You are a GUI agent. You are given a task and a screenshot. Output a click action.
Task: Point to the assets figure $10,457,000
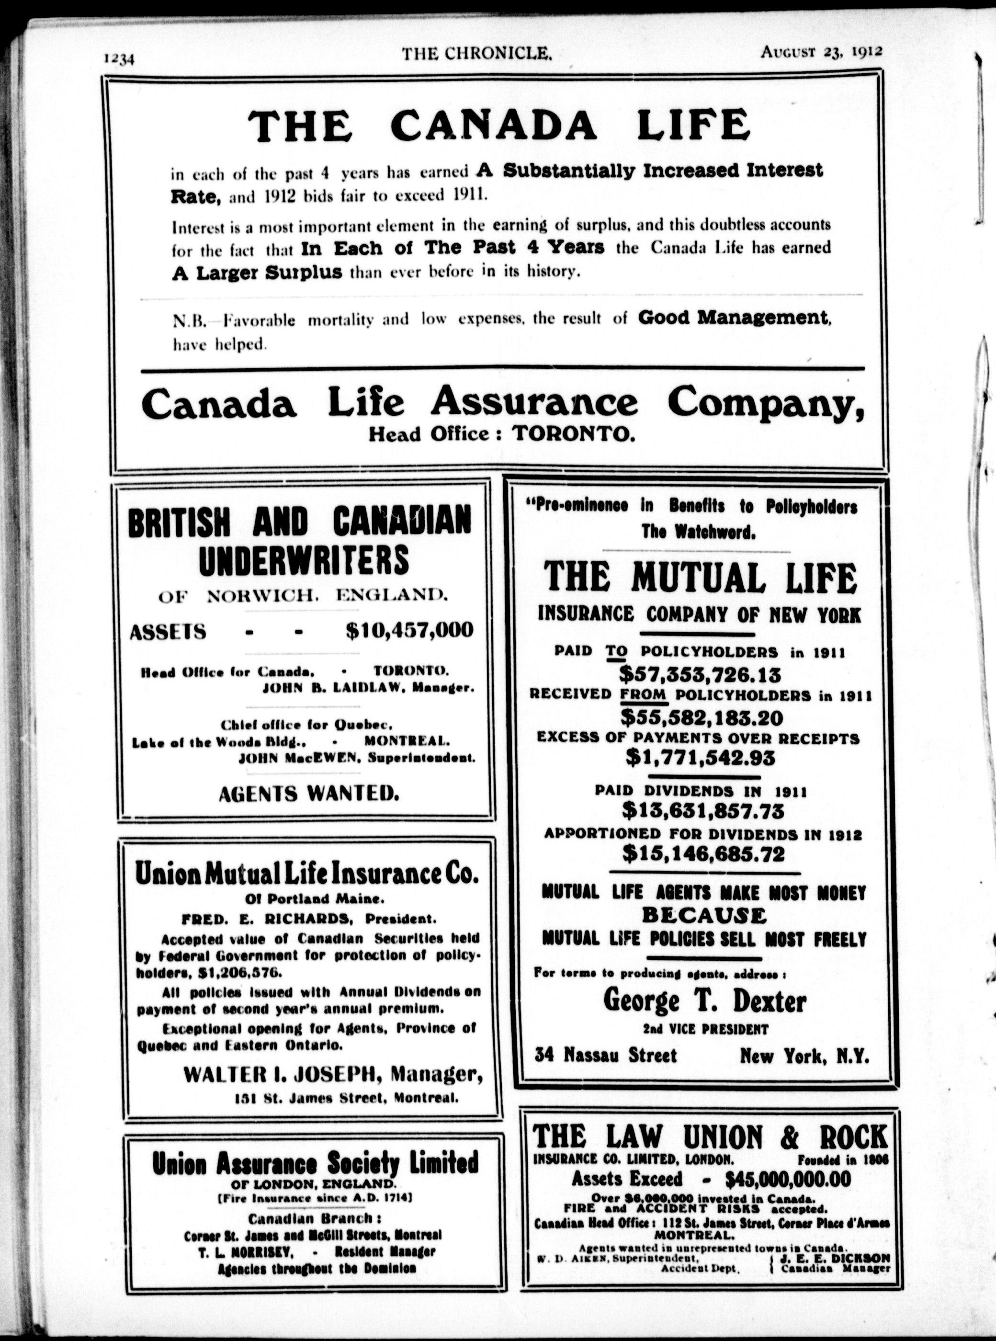tap(410, 630)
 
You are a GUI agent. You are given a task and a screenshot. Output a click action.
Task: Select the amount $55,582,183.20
tap(701, 717)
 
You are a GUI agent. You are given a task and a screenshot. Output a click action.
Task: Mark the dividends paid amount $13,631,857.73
tap(703, 811)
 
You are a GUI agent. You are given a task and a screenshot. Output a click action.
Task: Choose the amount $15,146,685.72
tap(703, 854)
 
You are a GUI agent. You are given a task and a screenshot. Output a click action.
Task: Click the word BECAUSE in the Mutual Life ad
tap(703, 915)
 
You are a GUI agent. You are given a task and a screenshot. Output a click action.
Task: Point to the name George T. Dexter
tap(704, 1001)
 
